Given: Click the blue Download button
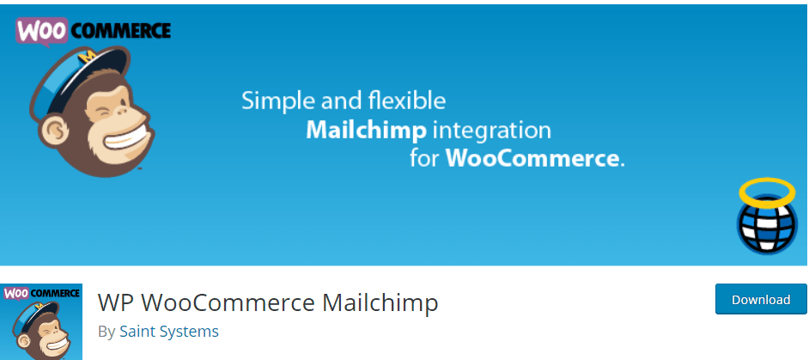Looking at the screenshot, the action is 761,299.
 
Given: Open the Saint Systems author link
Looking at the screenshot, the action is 169,331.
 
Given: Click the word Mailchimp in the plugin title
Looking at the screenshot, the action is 380,303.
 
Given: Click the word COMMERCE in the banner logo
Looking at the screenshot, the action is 119,32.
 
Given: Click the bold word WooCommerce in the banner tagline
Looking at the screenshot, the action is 532,158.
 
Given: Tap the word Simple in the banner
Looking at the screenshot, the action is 278,101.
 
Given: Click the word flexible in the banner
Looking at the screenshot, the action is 407,101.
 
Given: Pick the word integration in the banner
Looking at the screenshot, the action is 491,131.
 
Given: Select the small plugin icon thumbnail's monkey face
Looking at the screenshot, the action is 45,334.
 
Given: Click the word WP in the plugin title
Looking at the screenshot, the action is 114,303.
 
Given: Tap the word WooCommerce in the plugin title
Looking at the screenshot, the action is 227,303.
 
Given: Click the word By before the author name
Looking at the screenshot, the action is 106,332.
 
